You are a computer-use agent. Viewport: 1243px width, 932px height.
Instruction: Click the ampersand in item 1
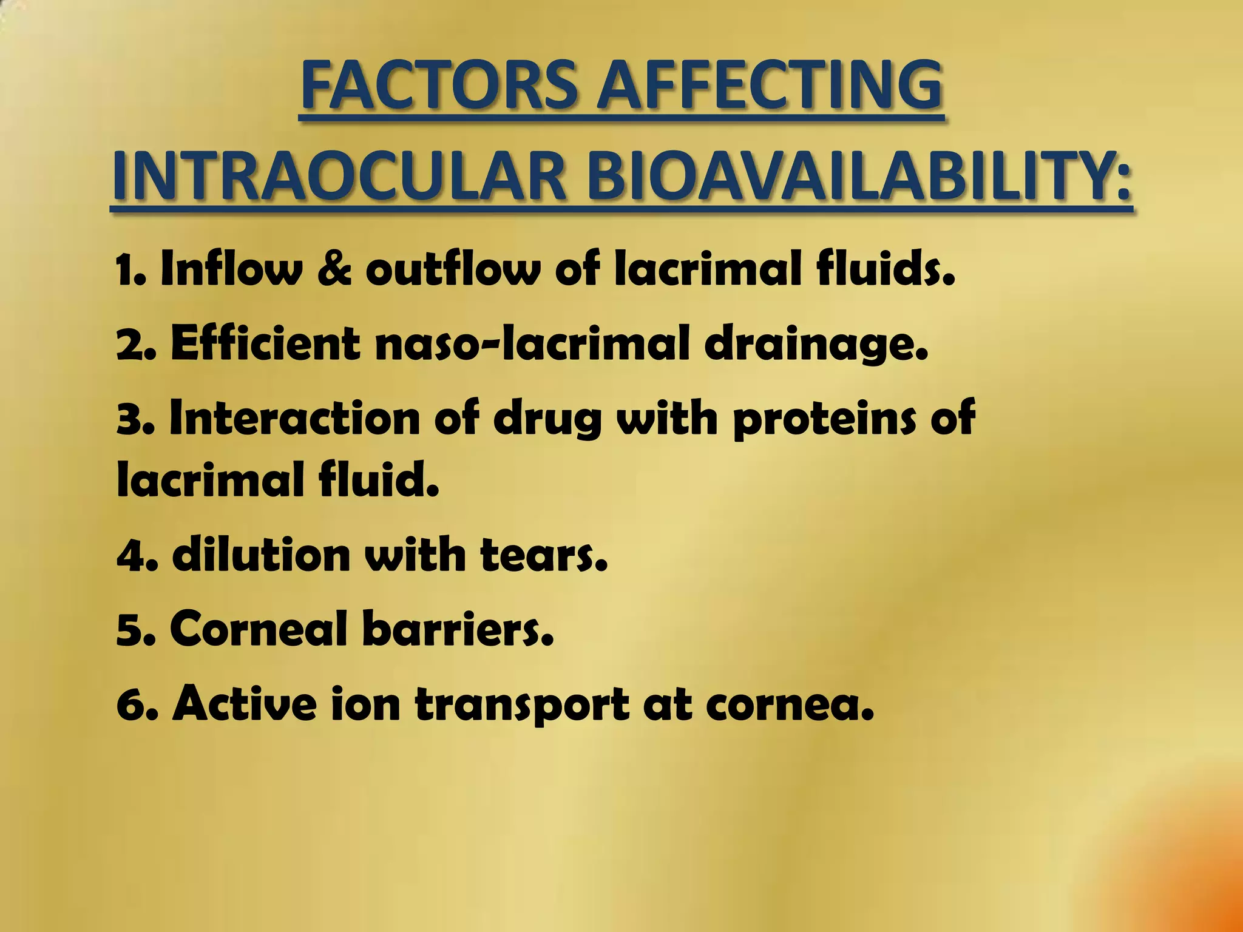tap(334, 269)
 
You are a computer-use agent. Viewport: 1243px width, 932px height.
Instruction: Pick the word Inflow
tap(231, 269)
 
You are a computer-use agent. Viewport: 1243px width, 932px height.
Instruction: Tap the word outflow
tap(452, 269)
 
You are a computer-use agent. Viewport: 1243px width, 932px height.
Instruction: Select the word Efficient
tap(265, 344)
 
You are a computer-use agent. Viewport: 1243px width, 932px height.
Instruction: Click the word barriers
tap(458, 629)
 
